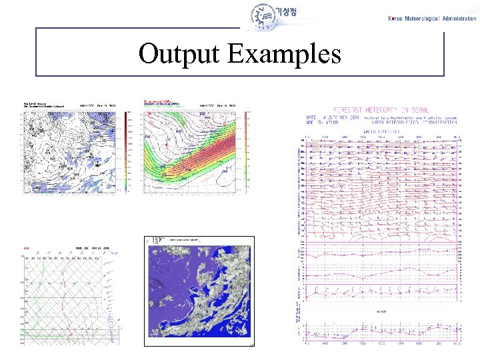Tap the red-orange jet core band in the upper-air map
[207, 150]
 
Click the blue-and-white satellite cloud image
[200, 293]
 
